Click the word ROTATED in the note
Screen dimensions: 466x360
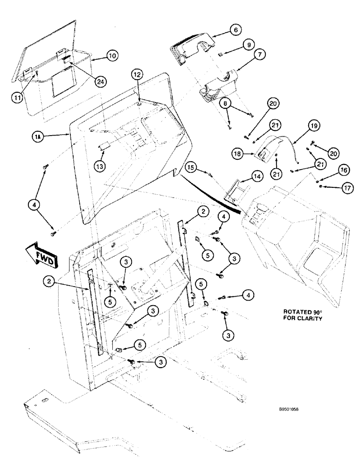[287, 310]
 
